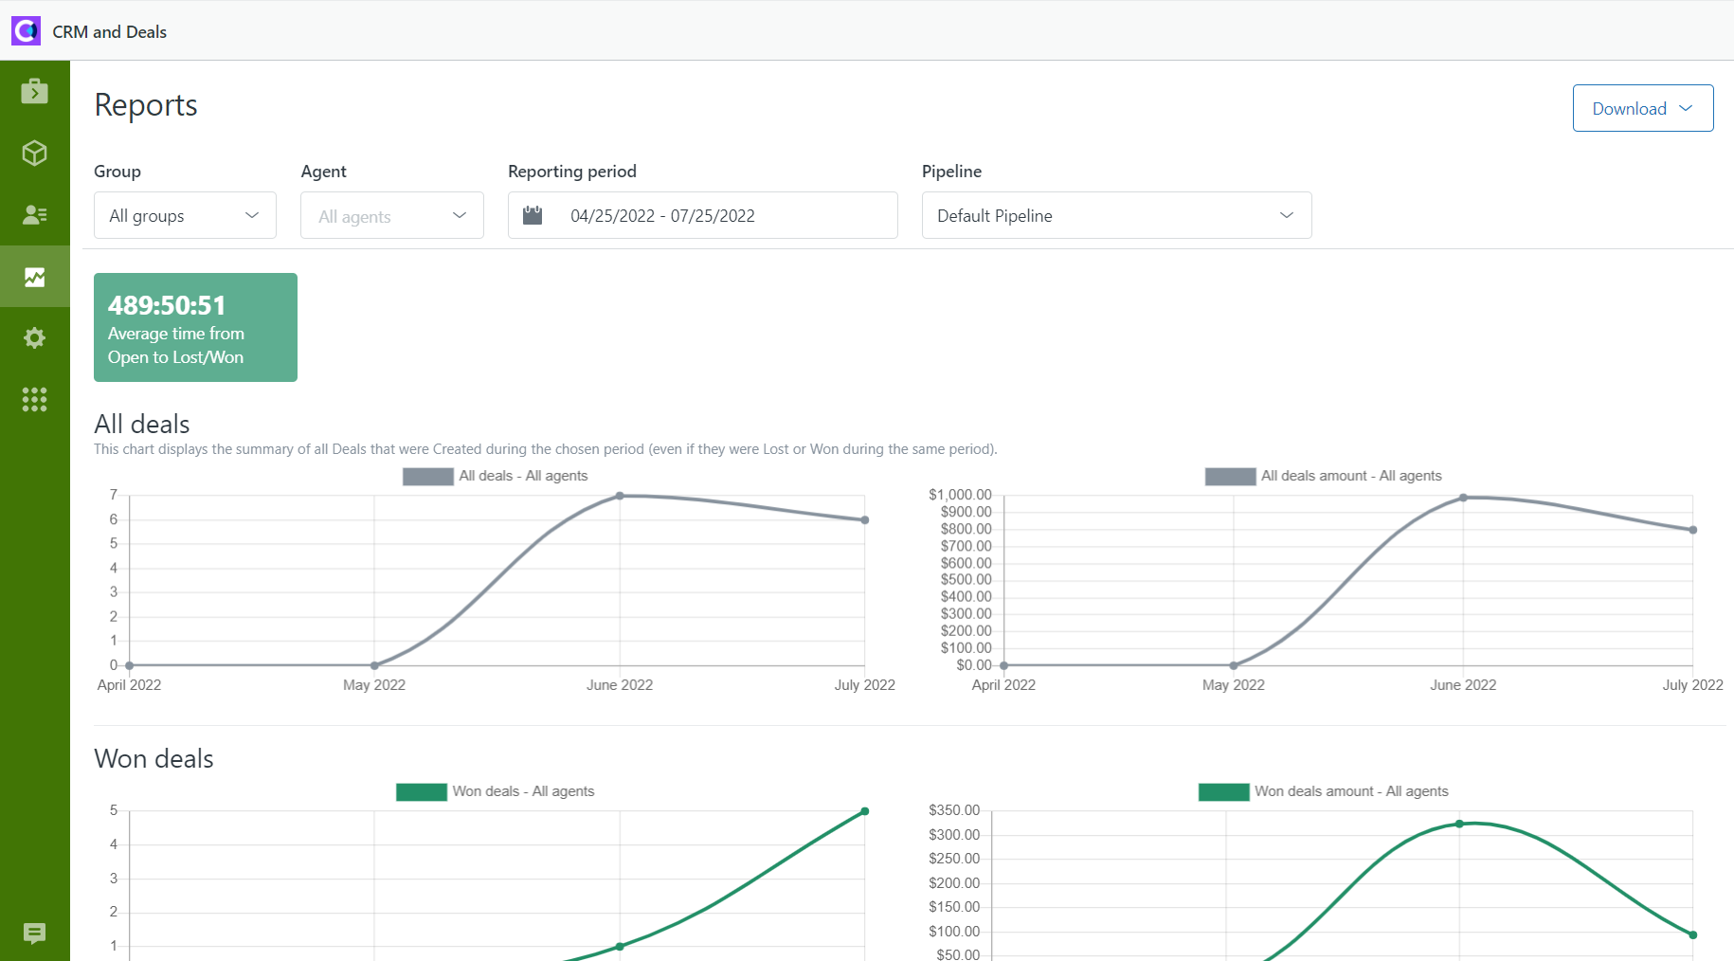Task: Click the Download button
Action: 1642,108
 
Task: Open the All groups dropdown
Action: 185,215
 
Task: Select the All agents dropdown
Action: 391,216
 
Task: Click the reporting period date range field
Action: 701,215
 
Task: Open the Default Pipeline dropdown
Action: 1115,215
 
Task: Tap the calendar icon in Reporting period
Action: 533,215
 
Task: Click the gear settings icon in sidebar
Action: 35,337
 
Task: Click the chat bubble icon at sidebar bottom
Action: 35,934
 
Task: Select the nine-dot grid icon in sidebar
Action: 35,399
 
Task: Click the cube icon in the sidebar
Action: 35,153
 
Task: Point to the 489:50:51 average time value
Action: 167,305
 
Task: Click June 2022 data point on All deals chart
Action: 620,496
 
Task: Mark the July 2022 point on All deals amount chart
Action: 1692,530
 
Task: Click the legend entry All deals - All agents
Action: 496,476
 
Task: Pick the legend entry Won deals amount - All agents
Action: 1324,791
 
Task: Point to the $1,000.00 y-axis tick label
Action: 960,495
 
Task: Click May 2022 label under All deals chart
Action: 374,684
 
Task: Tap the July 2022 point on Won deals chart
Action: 864,811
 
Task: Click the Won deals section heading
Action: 154,758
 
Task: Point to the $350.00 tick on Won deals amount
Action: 954,810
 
